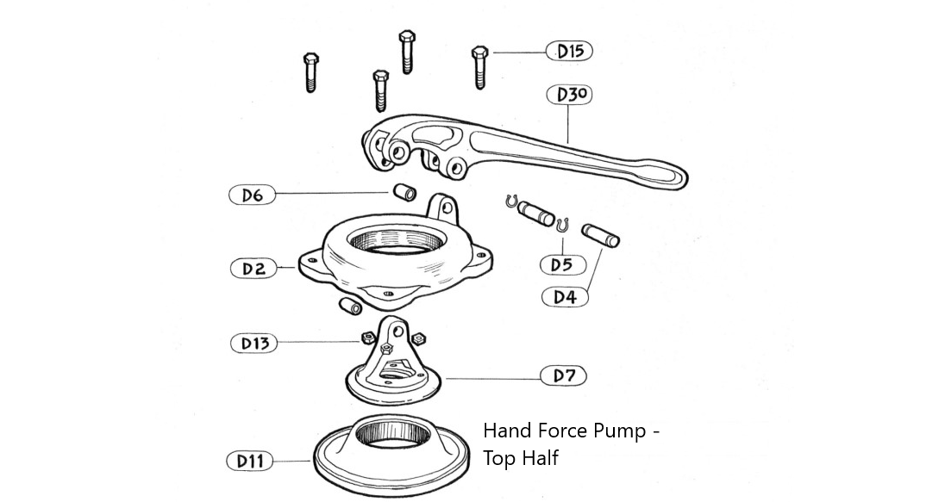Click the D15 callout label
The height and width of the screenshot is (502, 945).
point(570,51)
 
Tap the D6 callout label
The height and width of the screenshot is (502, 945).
point(252,195)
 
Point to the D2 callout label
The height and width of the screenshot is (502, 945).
point(253,269)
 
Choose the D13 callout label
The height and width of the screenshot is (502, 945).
point(254,344)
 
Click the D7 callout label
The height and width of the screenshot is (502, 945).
point(564,376)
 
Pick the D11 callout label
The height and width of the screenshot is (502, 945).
point(250,462)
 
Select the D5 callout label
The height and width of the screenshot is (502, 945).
point(562,264)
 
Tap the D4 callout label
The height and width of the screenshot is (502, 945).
point(565,297)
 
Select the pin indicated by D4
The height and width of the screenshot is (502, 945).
point(600,235)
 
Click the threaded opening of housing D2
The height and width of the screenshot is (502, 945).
point(399,237)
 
